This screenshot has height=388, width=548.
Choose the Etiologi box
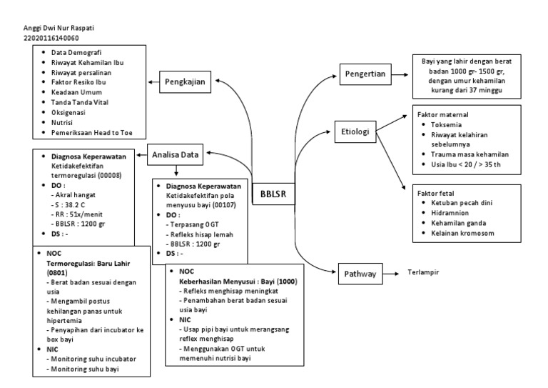[x=355, y=132]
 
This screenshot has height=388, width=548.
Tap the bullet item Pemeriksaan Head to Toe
[x=97, y=132]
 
